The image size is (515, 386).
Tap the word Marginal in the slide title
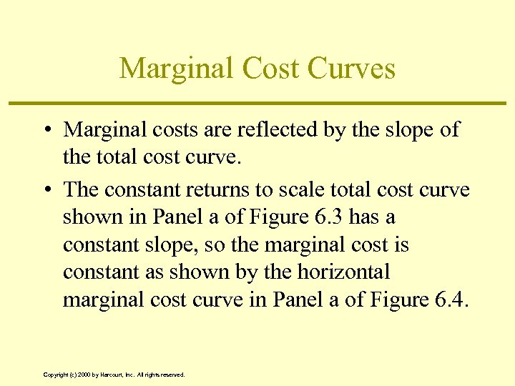tap(176, 69)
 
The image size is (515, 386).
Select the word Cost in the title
tap(272, 69)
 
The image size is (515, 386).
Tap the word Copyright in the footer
tap(55, 375)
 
